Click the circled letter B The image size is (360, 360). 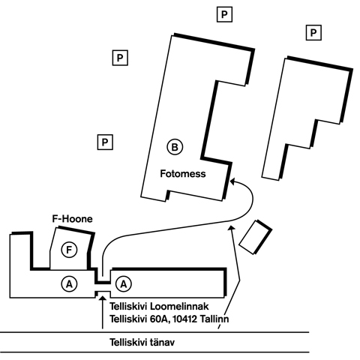point(175,147)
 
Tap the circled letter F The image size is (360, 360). point(69,250)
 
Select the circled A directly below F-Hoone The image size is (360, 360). point(69,284)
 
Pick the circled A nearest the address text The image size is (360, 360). point(124,284)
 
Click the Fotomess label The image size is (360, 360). point(183,173)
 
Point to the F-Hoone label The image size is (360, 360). point(72,219)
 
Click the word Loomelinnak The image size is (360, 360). point(179,306)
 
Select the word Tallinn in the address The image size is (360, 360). point(214,319)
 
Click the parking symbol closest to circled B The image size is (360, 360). point(105,142)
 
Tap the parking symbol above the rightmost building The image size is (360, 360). point(313,33)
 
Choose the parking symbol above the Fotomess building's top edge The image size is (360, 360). point(224,14)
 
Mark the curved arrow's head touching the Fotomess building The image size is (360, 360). point(232,181)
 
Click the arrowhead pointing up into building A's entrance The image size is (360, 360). point(102,298)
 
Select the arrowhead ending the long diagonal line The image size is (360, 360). point(232,227)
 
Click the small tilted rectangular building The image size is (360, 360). point(256,237)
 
